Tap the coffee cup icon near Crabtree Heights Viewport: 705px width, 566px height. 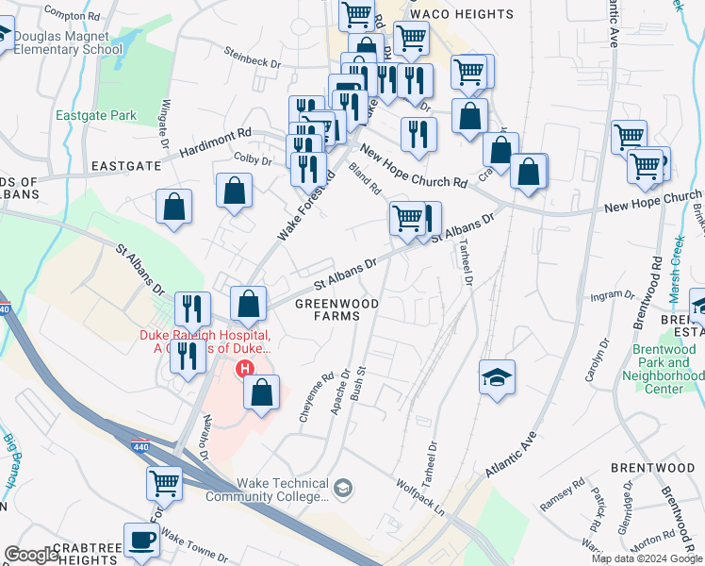point(141,541)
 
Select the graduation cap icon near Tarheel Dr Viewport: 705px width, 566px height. point(497,378)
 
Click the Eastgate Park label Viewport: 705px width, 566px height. point(95,116)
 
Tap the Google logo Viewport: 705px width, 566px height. point(32,555)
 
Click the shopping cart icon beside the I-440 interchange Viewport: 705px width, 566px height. point(164,484)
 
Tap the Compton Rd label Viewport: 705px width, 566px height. point(72,16)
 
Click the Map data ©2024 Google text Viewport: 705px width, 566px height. point(647,558)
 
